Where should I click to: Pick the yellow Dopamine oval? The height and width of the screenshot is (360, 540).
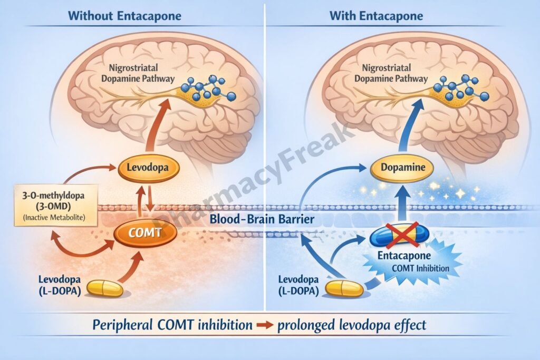tap(402, 169)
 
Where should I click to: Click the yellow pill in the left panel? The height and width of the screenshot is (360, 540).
tap(104, 288)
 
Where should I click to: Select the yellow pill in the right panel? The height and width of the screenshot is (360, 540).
tap(344, 288)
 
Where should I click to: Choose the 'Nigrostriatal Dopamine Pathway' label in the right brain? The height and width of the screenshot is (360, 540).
tap(390, 73)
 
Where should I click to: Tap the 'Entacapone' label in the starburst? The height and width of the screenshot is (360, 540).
tap(409, 256)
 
